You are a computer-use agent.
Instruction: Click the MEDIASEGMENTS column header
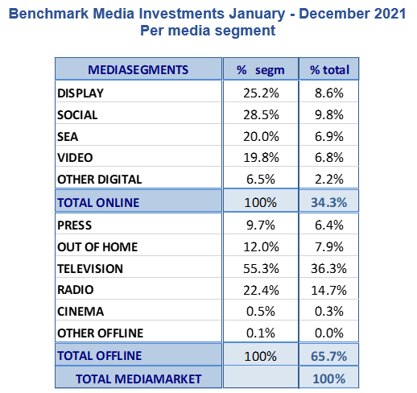tap(138, 70)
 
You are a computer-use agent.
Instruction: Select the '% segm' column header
tap(260, 70)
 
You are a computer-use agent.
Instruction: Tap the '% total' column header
tap(329, 70)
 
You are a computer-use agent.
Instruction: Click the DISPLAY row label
tap(81, 93)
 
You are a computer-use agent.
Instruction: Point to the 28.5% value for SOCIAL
tap(261, 115)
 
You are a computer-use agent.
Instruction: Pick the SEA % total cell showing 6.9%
tap(329, 136)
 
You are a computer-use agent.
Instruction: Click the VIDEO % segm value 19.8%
tap(261, 157)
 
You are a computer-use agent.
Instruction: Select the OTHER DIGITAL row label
tap(99, 180)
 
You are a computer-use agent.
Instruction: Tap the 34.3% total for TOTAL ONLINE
tap(329, 202)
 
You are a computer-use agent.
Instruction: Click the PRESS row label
tap(74, 225)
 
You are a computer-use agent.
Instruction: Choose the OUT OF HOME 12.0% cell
tap(261, 247)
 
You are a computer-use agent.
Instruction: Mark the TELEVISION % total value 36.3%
tap(329, 268)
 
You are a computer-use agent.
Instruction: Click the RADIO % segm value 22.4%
tap(261, 290)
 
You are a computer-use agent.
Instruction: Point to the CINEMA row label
tap(81, 312)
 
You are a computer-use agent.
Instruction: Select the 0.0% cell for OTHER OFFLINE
tap(329, 333)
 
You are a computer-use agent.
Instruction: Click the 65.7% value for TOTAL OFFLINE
tap(329, 356)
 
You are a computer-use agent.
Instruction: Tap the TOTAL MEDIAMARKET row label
tap(138, 379)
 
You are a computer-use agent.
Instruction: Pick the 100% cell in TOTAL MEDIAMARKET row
tap(329, 379)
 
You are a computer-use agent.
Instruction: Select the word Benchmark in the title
tap(48, 14)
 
